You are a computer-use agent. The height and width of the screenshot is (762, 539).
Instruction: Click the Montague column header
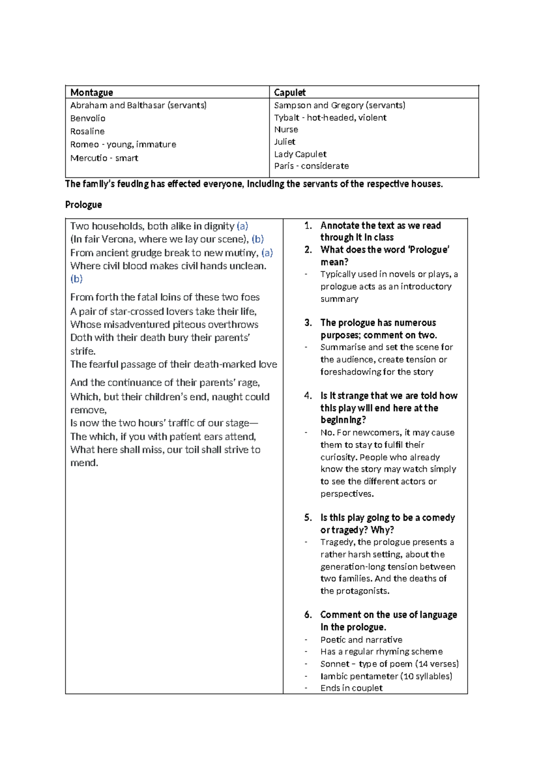[x=92, y=93]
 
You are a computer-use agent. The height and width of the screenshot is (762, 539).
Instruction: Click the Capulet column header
[x=290, y=93]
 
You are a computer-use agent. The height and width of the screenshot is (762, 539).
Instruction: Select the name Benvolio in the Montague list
[x=88, y=118]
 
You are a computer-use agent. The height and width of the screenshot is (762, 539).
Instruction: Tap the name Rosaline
[x=87, y=131]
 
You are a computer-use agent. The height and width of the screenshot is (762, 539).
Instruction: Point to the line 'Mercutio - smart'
[x=104, y=158]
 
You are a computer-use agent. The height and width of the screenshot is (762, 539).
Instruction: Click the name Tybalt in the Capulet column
[x=287, y=118]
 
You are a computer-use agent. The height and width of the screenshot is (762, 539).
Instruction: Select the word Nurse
[x=286, y=129]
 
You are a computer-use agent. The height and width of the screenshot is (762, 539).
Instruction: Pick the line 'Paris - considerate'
[x=311, y=166]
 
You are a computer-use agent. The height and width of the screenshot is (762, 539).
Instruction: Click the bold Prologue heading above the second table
[x=84, y=205]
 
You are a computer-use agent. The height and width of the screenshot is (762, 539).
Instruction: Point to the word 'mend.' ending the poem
[x=84, y=463]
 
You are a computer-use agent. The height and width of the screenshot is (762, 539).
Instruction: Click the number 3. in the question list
[x=308, y=323]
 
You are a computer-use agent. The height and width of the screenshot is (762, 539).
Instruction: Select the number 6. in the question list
[x=308, y=615]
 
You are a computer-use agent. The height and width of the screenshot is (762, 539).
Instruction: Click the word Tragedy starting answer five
[x=337, y=542]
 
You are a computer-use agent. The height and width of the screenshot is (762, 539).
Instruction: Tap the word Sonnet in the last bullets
[x=335, y=664]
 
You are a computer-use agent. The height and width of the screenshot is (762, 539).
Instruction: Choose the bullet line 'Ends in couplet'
[x=351, y=688]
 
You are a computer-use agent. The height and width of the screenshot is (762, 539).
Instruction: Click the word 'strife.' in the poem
[x=83, y=351]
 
